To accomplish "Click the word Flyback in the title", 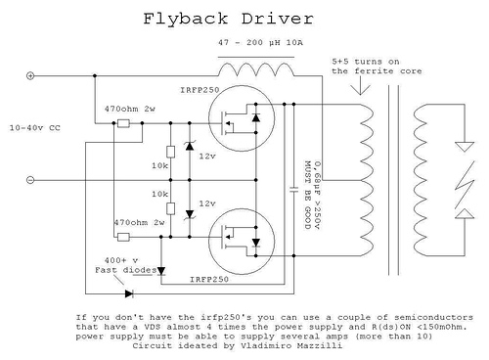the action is tap(186, 19).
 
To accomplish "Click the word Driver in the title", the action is tap(278, 19).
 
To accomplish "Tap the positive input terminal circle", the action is tap(30, 76).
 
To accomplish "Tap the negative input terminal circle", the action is tap(30, 180).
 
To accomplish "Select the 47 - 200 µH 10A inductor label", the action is tap(260, 43).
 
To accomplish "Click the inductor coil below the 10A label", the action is tap(256, 69).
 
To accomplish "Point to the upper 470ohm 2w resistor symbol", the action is tap(123, 123).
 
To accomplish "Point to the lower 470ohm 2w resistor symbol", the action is tap(123, 237).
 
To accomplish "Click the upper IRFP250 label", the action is tap(200, 90).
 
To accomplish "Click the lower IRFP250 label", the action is tap(209, 280).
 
